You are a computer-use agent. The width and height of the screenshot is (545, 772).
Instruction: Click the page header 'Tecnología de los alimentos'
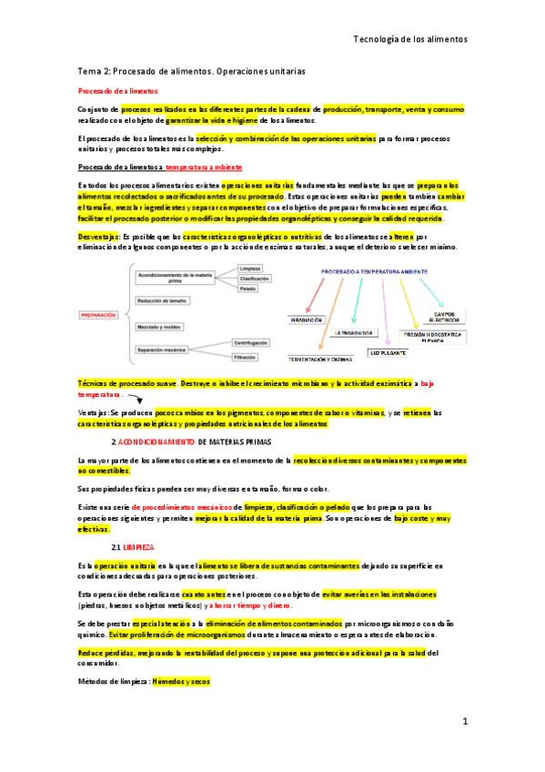pos(409,40)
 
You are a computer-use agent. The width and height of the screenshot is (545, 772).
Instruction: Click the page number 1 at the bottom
pos(464,721)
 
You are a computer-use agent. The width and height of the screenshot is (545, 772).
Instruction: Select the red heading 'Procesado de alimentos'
pos(117,92)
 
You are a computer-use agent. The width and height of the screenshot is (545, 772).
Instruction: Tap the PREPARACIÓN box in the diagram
pos(100,314)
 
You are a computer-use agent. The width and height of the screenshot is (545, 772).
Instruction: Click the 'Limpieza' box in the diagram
pos(251,269)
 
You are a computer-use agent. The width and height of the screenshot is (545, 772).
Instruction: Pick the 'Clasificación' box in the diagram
pos(254,279)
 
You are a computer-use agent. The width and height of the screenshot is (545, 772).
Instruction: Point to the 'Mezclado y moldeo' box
pos(164,325)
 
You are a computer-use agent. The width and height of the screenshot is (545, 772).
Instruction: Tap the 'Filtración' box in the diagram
pos(250,359)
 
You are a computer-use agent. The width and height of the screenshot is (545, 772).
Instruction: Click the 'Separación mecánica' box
pos(167,350)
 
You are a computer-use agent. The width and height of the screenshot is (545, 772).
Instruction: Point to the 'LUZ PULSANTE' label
pos(388,350)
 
